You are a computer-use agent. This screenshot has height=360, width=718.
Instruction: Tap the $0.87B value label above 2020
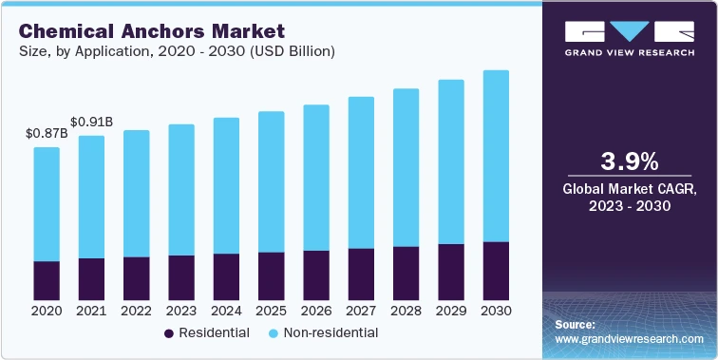tap(47, 133)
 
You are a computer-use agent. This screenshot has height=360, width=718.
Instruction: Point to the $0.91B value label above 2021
tap(92, 122)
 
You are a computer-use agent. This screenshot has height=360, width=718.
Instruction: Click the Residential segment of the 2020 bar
tap(47, 280)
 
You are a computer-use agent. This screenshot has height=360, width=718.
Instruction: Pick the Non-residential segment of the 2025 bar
tap(272, 181)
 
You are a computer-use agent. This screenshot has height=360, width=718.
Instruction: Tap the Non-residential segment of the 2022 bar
tap(137, 193)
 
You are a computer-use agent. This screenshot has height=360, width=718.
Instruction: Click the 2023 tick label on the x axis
tap(181, 311)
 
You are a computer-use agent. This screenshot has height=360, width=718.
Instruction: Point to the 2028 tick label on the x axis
tap(406, 311)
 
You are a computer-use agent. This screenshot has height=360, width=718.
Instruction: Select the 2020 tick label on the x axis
tap(47, 311)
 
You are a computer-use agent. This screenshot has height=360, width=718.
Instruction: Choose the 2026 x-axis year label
tap(316, 311)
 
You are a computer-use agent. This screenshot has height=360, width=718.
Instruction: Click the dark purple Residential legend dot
tap(169, 333)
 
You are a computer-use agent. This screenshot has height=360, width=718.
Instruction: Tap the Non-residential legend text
tap(331, 333)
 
